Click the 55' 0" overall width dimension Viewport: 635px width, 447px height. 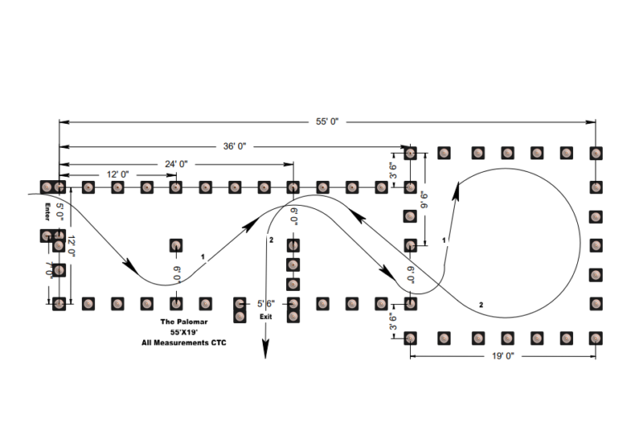point(327,121)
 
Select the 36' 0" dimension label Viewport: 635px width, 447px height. point(232,145)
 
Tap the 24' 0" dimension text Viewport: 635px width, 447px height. point(174,164)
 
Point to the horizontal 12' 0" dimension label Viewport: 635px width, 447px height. point(117,174)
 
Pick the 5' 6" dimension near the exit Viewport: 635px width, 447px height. point(265,303)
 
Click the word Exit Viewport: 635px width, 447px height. point(265,316)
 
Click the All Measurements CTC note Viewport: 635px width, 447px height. point(183,342)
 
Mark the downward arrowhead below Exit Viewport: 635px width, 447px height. point(265,350)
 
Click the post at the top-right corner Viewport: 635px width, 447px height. point(594,153)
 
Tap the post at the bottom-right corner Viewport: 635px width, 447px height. point(594,337)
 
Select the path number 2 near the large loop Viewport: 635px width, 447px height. point(481,306)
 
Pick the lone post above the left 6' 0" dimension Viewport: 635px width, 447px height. point(176,245)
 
